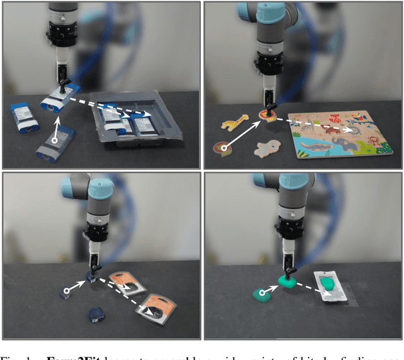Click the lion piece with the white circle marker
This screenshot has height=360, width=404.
(223, 150)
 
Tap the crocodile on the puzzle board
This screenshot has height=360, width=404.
(316, 147)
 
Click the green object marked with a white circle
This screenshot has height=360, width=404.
(261, 293)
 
